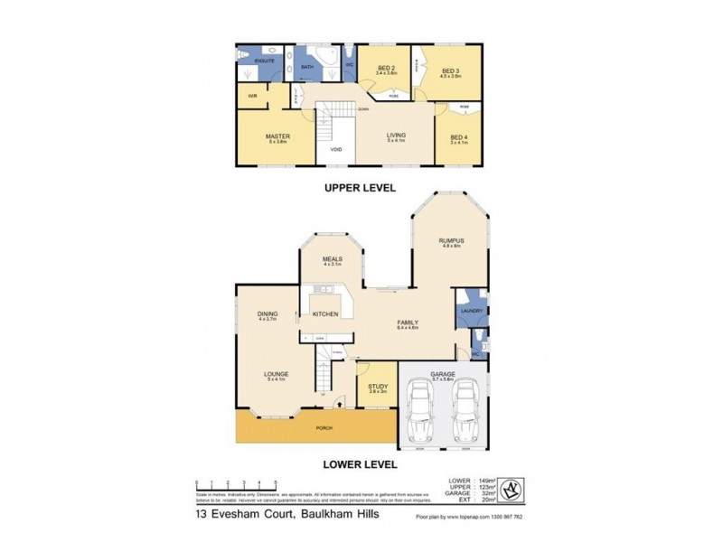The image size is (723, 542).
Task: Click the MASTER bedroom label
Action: pos(277,137)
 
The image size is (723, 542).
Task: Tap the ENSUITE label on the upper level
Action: pos(264,61)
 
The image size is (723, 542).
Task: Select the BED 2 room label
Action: pos(384,69)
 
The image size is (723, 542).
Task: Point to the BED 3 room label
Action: pos(451,70)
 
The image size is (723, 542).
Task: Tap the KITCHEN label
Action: pos(325,314)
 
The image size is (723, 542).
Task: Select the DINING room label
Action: pos(266,314)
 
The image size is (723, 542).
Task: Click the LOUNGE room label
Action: pos(276,376)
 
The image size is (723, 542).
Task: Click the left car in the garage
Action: pos(420,411)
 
